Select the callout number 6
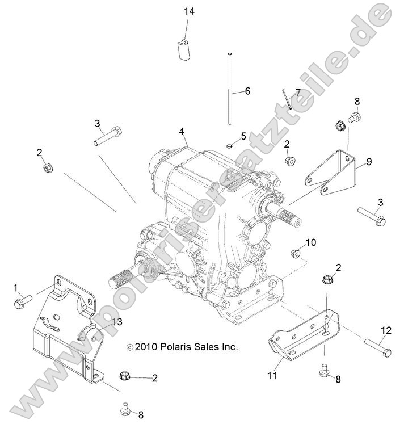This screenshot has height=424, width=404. pyautogui.click(x=247, y=91)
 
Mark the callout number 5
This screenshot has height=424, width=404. pyautogui.click(x=243, y=136)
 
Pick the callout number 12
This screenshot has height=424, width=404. pyautogui.click(x=386, y=330)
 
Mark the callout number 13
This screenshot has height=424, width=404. pyautogui.click(x=117, y=322)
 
